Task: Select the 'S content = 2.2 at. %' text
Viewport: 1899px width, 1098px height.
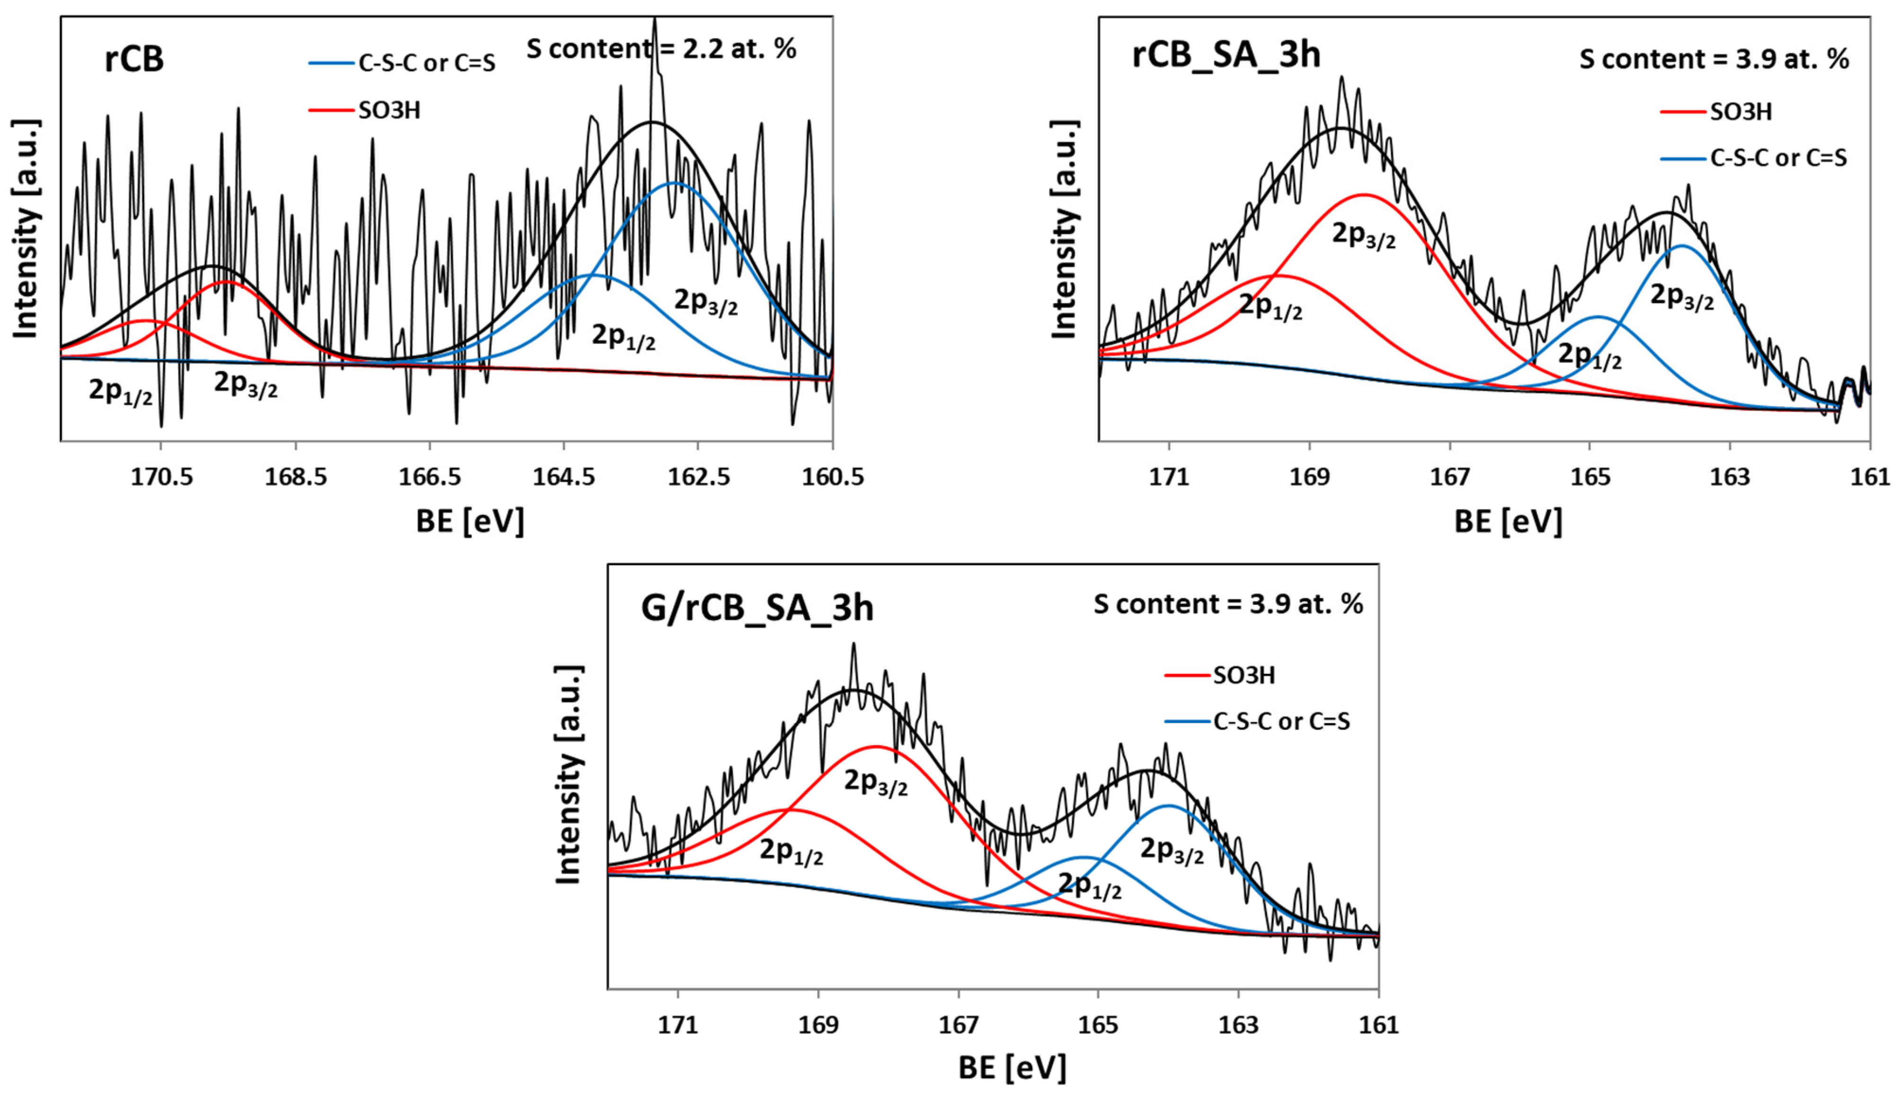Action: coord(662,50)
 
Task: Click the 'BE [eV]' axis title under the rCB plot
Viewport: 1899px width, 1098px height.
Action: coord(470,522)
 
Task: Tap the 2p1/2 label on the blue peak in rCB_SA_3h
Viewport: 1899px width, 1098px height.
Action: coord(1589,356)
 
